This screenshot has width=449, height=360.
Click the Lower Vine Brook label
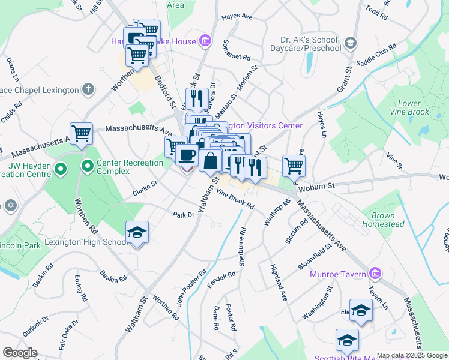(409, 108)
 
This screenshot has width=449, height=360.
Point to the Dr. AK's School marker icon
(351, 43)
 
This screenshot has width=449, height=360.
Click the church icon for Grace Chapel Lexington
(88, 90)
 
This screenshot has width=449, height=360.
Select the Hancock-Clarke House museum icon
(205, 41)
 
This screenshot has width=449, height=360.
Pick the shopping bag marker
(211, 160)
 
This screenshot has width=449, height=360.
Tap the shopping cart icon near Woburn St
(294, 165)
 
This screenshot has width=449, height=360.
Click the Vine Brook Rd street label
(235, 199)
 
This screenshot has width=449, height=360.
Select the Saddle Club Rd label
(376, 54)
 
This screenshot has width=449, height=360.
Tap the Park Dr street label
(184, 214)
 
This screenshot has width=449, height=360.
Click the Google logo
(20, 353)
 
